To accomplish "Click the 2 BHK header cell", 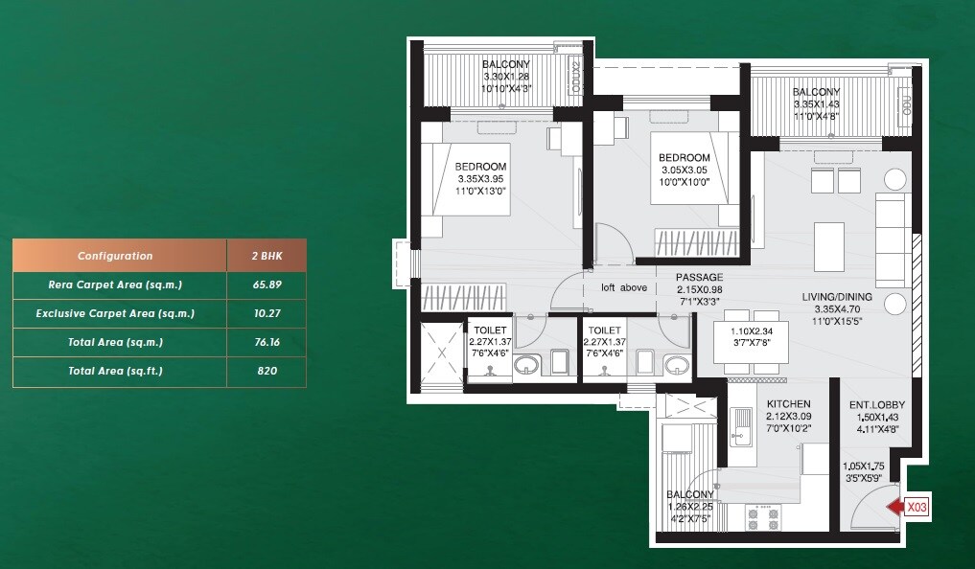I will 267,256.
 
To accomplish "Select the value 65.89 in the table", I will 267,284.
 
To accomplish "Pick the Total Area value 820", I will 267,370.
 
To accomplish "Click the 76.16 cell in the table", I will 267,342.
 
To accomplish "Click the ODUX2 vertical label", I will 575,73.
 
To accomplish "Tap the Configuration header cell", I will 115,256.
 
